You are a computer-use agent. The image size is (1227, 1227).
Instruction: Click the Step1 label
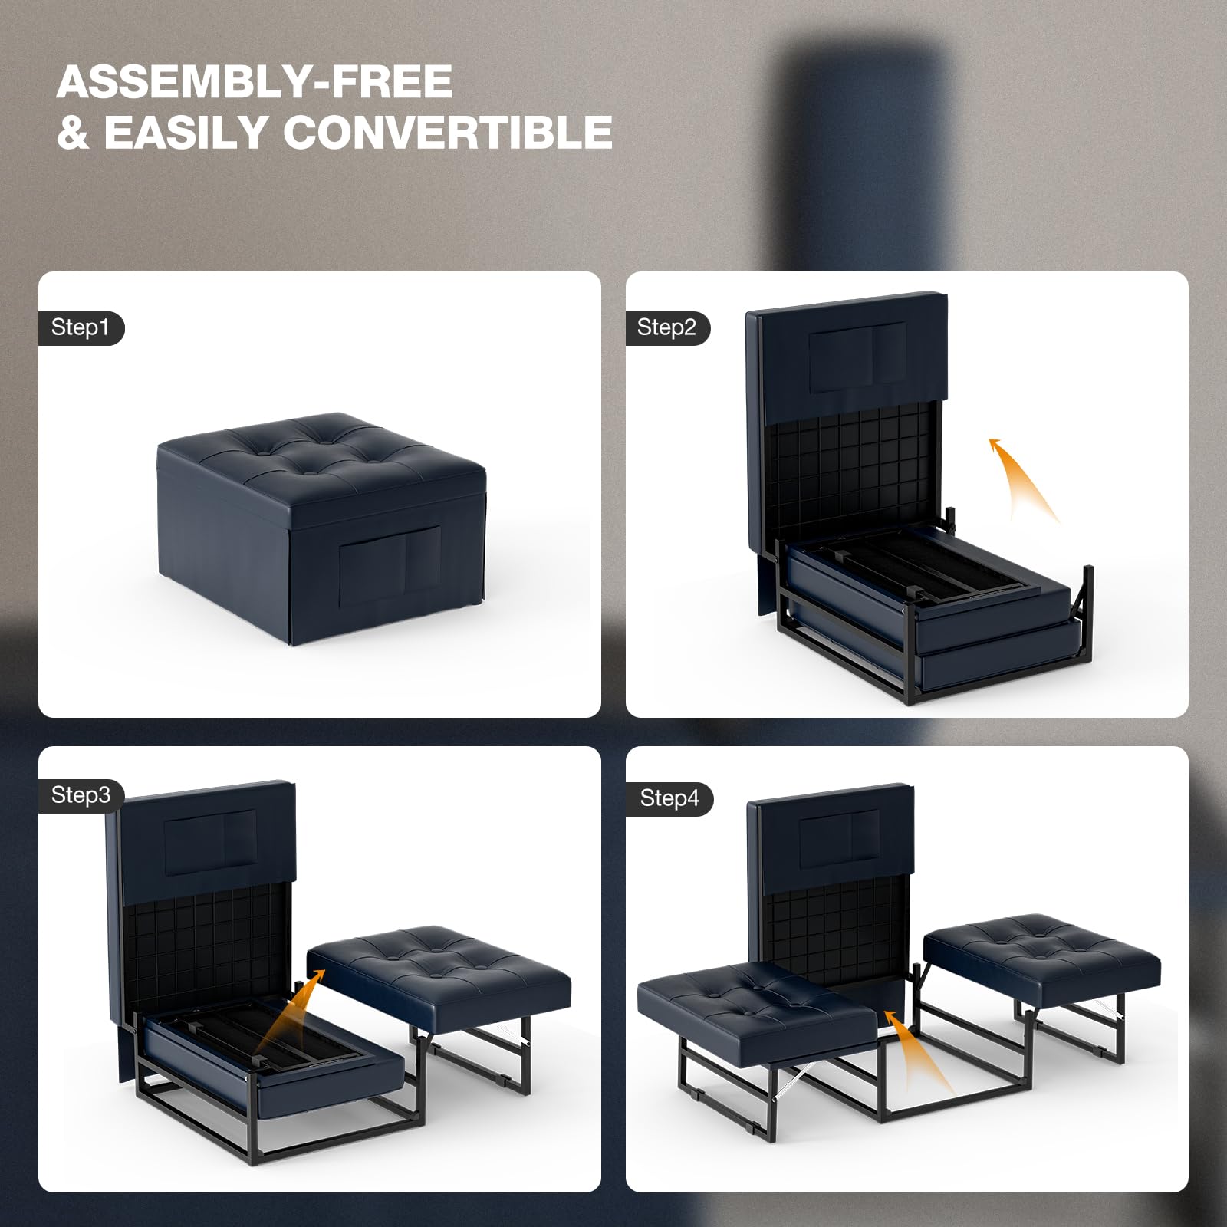[81, 328]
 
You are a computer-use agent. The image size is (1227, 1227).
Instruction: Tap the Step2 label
[666, 328]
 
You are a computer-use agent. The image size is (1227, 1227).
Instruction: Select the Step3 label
[81, 795]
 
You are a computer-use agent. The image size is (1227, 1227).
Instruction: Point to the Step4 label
[669, 798]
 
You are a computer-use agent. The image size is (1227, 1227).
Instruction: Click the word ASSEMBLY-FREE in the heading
[254, 81]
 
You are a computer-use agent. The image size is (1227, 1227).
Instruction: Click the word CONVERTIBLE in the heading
[448, 132]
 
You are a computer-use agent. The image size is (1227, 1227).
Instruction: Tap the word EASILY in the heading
[185, 132]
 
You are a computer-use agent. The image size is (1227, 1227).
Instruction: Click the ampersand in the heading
[73, 132]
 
